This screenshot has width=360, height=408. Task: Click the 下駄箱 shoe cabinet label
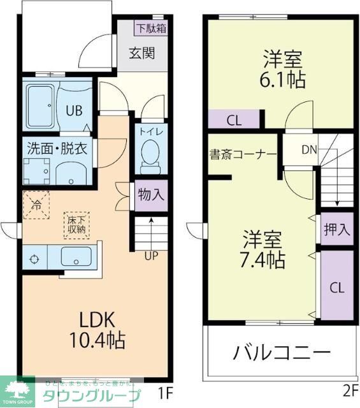(150, 27)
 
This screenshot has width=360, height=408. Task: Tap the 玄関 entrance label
(143, 53)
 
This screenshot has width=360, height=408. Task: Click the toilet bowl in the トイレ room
(150, 154)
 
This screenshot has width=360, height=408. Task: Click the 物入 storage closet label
(151, 196)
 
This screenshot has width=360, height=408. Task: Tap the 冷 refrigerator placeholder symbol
(36, 205)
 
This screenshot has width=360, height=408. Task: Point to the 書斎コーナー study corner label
(242, 154)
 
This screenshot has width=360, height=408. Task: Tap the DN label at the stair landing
(308, 150)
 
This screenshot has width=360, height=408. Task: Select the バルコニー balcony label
(280, 352)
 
